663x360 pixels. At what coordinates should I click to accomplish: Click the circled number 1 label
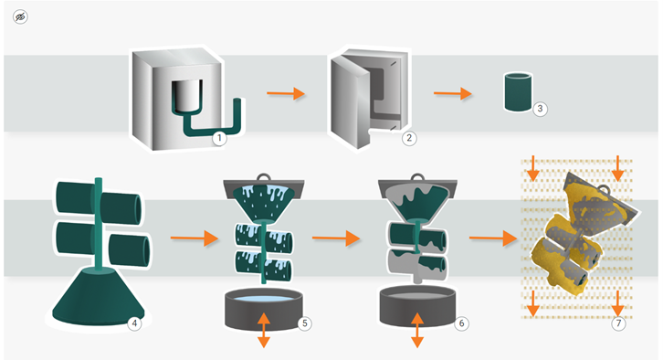click(x=218, y=138)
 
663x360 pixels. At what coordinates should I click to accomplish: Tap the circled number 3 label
click(x=541, y=109)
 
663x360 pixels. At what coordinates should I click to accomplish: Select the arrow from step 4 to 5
click(x=191, y=239)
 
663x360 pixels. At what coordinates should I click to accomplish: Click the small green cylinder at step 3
click(x=517, y=93)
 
